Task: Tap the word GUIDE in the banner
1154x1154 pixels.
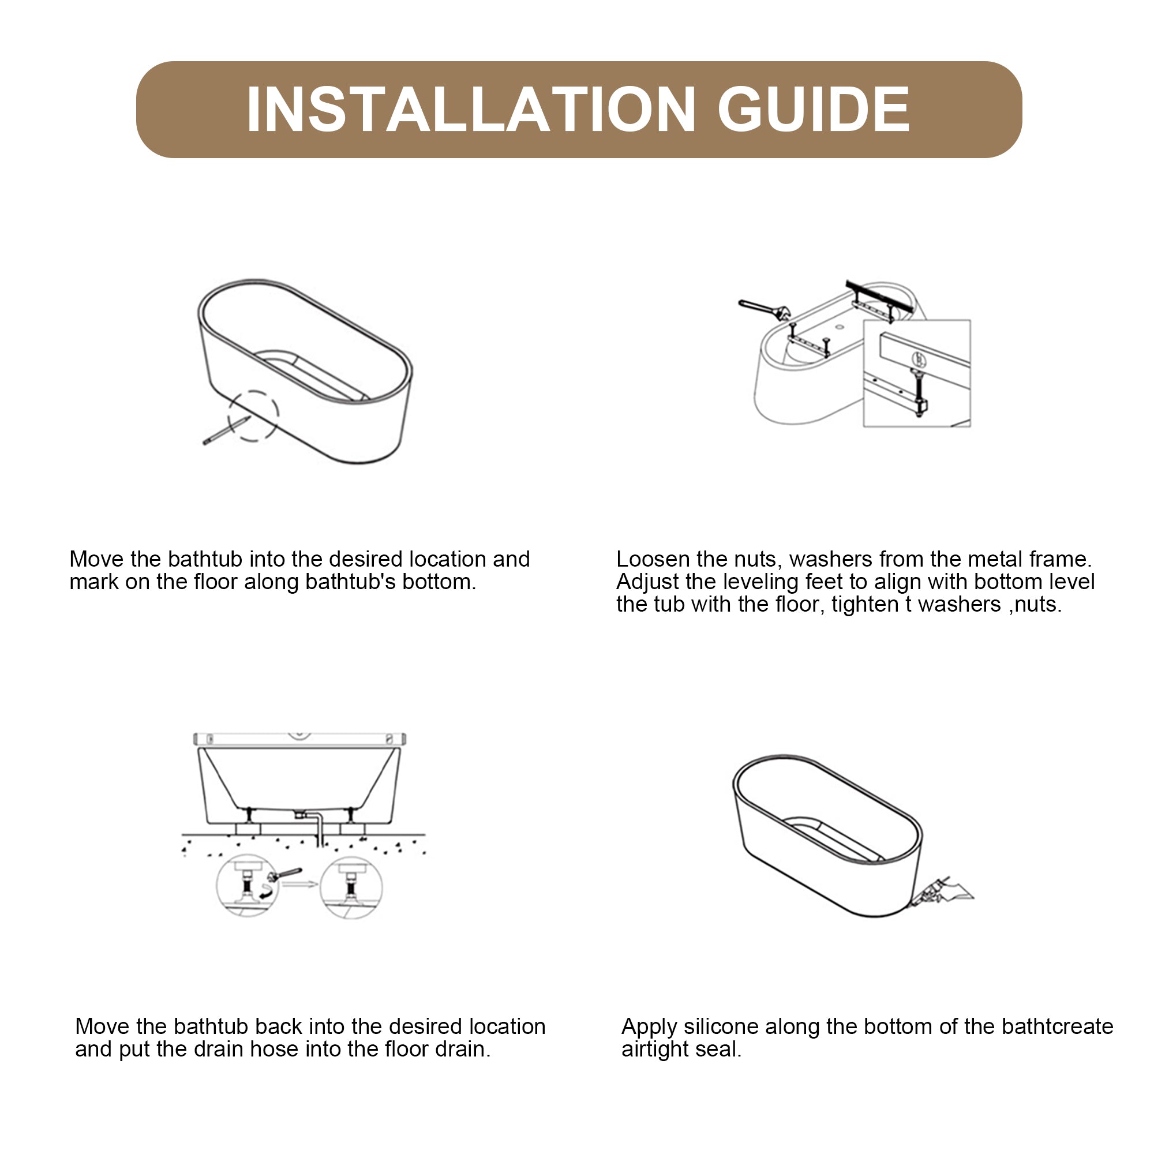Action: tap(813, 109)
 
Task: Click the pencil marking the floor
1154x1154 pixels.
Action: tap(226, 430)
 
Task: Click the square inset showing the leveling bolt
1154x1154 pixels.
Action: tap(916, 373)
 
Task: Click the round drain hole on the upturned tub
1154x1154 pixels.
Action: tap(838, 327)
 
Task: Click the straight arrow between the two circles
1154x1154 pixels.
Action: tap(299, 884)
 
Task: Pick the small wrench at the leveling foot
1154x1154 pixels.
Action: tap(284, 875)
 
